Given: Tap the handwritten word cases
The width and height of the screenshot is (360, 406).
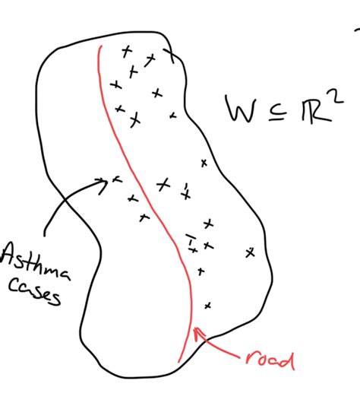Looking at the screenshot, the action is click(x=35, y=291).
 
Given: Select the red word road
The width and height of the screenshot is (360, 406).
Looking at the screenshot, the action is click(x=270, y=360).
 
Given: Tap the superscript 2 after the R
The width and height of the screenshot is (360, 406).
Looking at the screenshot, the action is click(x=336, y=97).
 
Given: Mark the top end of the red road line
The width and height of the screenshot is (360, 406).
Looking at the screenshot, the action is click(x=101, y=46).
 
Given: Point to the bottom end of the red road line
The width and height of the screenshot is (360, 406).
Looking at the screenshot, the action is click(x=178, y=362).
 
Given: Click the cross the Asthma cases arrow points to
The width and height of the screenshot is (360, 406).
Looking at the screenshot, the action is click(x=117, y=179).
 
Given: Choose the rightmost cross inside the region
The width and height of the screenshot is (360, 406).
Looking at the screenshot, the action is click(x=250, y=252).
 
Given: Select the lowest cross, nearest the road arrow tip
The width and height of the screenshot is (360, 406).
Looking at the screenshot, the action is click(x=207, y=306).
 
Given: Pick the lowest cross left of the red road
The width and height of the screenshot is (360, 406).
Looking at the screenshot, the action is click(x=144, y=217).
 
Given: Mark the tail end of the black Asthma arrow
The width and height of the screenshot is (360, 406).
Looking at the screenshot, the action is click(x=45, y=235).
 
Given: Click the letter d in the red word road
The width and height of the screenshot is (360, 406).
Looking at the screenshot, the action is click(x=288, y=360).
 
